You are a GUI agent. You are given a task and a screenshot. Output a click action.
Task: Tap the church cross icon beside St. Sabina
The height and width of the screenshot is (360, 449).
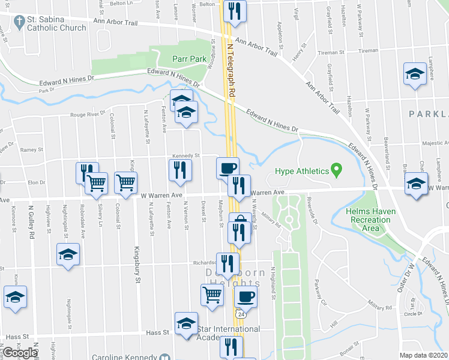pos(18,22)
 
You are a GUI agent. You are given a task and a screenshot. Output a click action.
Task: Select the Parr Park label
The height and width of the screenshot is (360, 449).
pos(189,59)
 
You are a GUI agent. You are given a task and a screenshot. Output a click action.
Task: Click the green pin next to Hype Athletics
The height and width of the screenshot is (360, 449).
pos(336,171)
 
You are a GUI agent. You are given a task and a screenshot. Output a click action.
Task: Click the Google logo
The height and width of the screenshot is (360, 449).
pos(20,353)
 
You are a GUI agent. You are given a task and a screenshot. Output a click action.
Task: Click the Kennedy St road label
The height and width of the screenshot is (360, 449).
pos(185,156)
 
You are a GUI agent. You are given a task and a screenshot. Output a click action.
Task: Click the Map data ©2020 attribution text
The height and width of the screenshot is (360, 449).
pos(424,355)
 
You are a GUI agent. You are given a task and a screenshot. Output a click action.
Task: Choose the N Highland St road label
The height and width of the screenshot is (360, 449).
pos(272,282)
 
